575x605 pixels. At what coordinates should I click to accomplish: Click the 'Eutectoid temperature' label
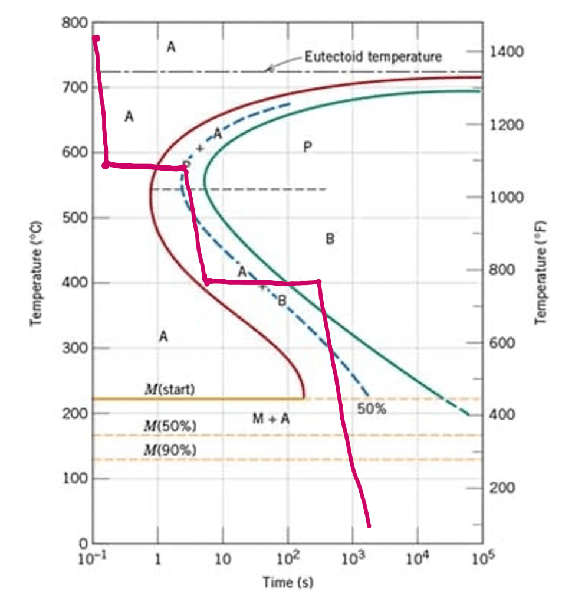coord(373,57)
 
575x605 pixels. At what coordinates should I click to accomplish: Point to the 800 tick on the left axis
coord(75,23)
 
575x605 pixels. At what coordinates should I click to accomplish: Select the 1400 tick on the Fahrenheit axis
coord(507,51)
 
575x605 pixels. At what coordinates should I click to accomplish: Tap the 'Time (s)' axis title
coord(288,582)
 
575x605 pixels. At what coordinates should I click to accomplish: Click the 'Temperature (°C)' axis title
coord(36,273)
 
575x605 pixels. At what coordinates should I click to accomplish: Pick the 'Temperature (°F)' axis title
coord(540,273)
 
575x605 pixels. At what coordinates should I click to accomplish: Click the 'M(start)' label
coord(170,389)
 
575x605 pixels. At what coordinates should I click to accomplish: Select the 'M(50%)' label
coord(170,426)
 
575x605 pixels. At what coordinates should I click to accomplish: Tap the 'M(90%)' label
coord(170,450)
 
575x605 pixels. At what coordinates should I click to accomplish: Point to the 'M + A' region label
coord(271,418)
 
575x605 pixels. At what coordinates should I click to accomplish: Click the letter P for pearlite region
coord(307,147)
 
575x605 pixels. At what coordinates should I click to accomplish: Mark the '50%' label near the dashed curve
coord(371,408)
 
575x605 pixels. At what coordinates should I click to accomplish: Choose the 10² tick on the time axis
coord(288,558)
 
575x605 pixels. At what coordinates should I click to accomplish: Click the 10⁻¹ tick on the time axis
coord(92,558)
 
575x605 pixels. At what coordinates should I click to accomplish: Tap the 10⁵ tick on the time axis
coord(483,558)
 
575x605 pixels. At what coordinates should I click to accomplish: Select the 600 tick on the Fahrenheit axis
coord(502,342)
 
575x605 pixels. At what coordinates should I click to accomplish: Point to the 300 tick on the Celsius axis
coord(75,348)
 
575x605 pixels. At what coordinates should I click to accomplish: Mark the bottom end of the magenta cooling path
coord(369,525)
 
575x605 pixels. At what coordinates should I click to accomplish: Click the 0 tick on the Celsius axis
coord(83,544)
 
